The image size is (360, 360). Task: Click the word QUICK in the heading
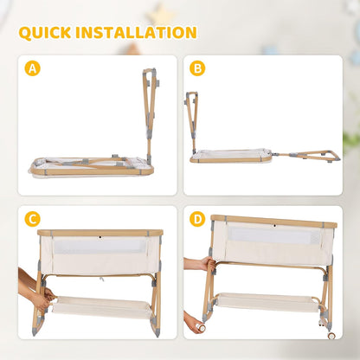(45, 32)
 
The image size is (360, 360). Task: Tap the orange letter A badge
(32, 68)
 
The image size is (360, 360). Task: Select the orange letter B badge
(197, 68)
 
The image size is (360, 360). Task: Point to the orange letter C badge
(32, 219)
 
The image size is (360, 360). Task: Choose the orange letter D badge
(197, 219)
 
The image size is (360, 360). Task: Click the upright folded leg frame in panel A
(150, 115)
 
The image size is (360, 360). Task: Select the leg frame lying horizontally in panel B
(305, 156)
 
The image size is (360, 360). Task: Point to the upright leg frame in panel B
(192, 123)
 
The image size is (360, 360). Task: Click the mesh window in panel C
(100, 246)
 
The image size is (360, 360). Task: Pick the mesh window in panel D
(274, 235)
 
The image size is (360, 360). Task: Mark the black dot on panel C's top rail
(100, 237)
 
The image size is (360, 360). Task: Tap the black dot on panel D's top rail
(275, 226)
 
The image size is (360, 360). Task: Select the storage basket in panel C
(102, 307)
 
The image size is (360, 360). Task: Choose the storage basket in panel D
(267, 302)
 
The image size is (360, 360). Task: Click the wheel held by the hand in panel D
(201, 327)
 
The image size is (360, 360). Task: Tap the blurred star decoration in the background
(160, 15)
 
